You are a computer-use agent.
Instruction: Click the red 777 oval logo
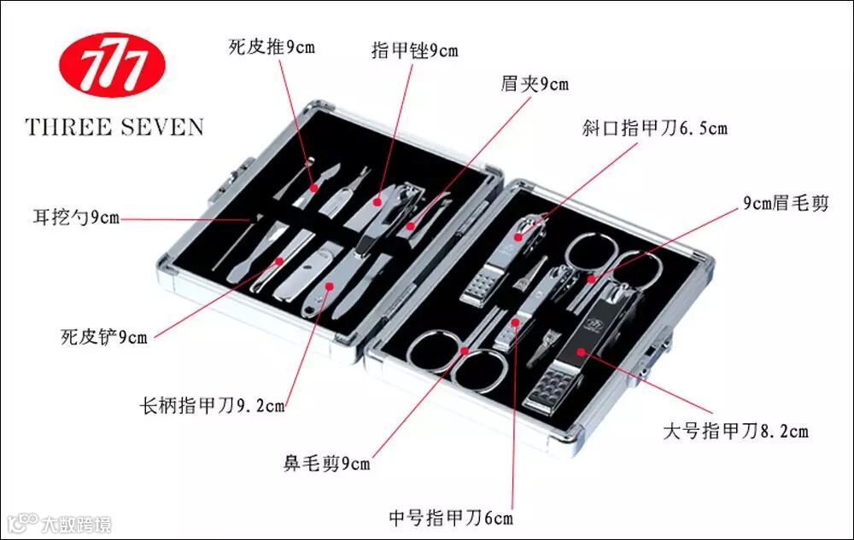(112, 65)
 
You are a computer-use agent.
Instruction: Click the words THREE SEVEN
(114, 128)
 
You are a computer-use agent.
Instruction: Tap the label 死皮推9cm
(272, 46)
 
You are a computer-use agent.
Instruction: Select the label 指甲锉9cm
(414, 50)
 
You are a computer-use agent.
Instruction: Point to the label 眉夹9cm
(535, 84)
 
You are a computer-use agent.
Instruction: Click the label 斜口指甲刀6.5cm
(655, 128)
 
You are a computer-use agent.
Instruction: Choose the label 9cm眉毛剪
(785, 203)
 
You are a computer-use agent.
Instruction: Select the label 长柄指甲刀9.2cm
(213, 405)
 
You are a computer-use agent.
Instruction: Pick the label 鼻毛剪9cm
(327, 464)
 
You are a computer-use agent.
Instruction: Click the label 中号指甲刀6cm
(451, 517)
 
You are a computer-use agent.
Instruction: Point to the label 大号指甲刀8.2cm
(735, 430)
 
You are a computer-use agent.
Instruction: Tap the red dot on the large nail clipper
(580, 351)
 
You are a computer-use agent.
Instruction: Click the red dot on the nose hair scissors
(465, 351)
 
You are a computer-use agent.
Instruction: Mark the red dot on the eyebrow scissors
(590, 279)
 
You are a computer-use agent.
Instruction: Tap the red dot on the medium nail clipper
(516, 322)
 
